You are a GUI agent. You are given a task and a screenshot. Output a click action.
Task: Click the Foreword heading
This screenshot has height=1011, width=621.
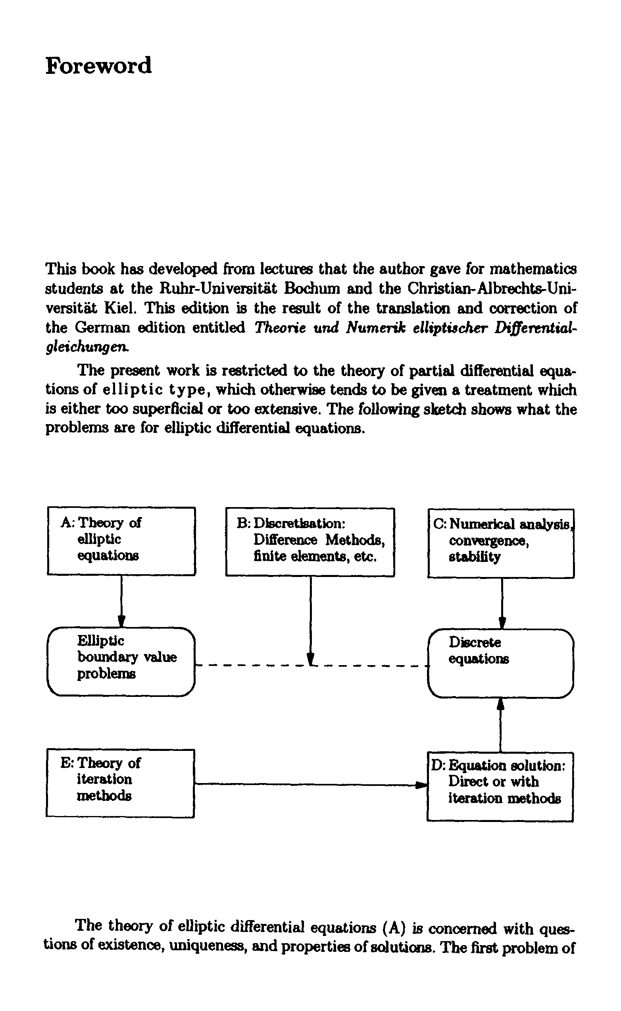pyautogui.click(x=98, y=66)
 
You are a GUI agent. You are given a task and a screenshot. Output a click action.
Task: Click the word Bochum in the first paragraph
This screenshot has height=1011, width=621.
pyautogui.click(x=313, y=289)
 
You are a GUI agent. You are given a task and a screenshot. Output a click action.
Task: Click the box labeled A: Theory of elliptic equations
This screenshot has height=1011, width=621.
pyautogui.click(x=121, y=541)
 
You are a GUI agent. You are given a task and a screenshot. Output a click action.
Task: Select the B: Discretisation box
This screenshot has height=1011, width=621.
pyautogui.click(x=310, y=542)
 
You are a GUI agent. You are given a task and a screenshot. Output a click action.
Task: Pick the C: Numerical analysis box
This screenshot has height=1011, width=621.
pyautogui.click(x=501, y=543)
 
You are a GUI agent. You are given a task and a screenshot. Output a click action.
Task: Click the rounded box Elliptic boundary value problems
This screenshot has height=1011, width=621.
pyautogui.click(x=121, y=661)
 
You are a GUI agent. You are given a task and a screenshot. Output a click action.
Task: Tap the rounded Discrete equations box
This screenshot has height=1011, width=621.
pyautogui.click(x=501, y=663)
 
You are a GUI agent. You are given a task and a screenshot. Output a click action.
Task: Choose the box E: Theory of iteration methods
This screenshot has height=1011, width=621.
pyautogui.click(x=120, y=783)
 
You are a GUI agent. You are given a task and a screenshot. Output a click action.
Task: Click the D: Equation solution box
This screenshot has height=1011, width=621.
pyautogui.click(x=500, y=786)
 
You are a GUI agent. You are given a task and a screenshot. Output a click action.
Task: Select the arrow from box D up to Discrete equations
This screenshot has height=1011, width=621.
pyautogui.click(x=500, y=725)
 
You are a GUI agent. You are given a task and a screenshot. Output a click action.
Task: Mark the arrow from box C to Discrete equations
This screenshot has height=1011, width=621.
pyautogui.click(x=502, y=603)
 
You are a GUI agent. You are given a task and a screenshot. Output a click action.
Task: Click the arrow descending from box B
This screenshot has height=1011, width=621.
pyautogui.click(x=311, y=616)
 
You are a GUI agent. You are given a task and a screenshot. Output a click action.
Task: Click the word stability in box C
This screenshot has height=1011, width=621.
pyautogui.click(x=474, y=557)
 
